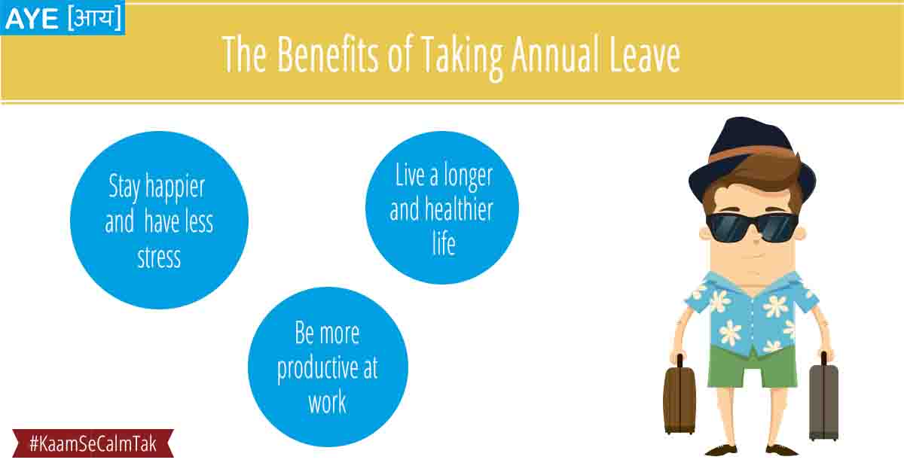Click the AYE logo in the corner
63,18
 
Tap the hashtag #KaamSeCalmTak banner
93,443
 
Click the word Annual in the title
556,54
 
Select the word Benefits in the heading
328,54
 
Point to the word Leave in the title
645,54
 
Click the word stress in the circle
159,257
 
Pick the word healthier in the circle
459,210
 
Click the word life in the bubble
444,244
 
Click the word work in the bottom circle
327,402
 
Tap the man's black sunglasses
753,227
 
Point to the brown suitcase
680,397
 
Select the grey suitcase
823,400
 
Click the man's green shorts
753,367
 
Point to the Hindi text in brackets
95,18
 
